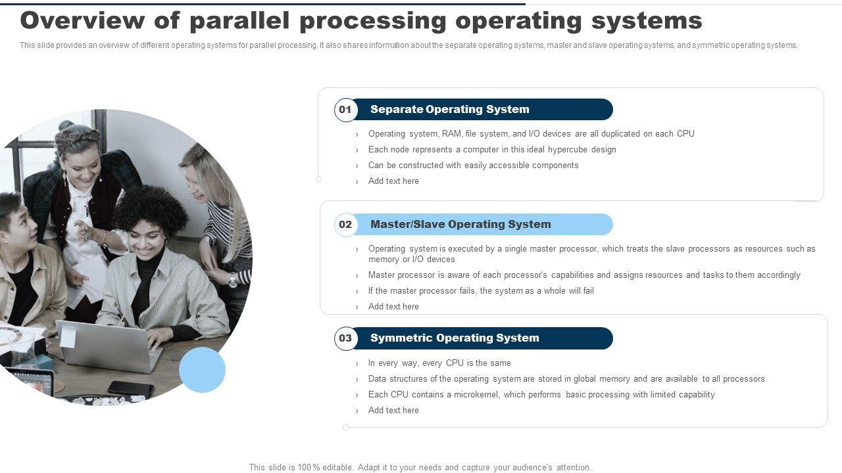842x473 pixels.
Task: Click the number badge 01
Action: pyautogui.click(x=345, y=110)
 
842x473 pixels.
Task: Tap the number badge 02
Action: pyautogui.click(x=345, y=225)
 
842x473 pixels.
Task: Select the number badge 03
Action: pyautogui.click(x=345, y=338)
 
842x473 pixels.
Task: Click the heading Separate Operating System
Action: pyautogui.click(x=449, y=109)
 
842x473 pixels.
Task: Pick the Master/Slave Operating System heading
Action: pyautogui.click(x=460, y=224)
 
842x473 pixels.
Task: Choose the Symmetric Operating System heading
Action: pyautogui.click(x=455, y=338)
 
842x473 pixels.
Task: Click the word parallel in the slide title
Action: pyautogui.click(x=240, y=21)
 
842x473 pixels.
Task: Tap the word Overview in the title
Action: pyautogui.click(x=82, y=20)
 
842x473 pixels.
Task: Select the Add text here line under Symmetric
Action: pyautogui.click(x=393, y=411)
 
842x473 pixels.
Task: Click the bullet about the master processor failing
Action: pyautogui.click(x=481, y=290)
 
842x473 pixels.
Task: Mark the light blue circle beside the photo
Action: pyautogui.click(x=202, y=370)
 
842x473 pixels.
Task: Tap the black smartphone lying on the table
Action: pyautogui.click(x=131, y=390)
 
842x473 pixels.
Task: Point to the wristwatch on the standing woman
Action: pyautogui.click(x=233, y=280)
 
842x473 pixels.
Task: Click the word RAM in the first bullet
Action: pyautogui.click(x=451, y=133)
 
